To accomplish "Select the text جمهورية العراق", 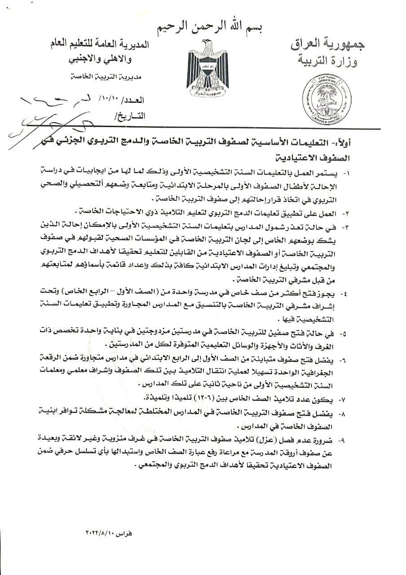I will (x=327, y=44).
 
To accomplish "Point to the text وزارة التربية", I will (x=332, y=61).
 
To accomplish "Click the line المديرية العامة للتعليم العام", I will (x=100, y=44).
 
